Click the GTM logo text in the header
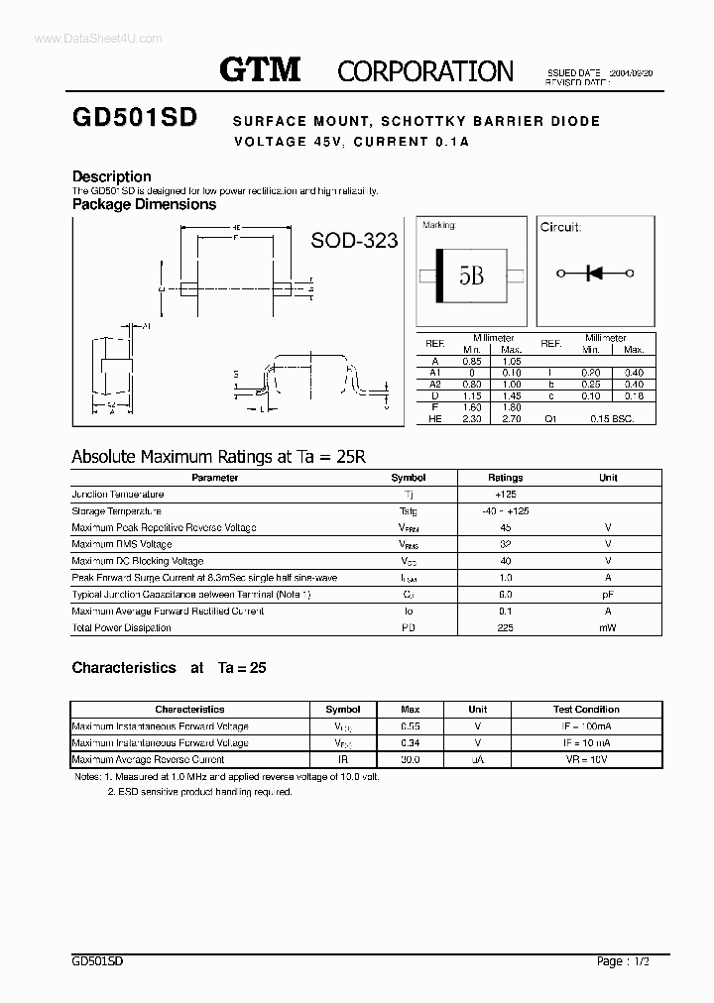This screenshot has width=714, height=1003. tap(259, 70)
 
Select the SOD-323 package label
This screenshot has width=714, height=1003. tap(354, 240)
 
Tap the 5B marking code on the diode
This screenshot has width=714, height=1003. tap(471, 275)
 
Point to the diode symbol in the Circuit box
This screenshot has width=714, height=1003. tap(595, 274)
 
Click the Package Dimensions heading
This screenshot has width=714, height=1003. tap(144, 204)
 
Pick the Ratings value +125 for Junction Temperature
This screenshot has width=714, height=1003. tap(506, 494)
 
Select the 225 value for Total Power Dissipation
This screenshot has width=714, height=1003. tap(506, 628)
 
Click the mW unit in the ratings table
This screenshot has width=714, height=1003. tap(608, 628)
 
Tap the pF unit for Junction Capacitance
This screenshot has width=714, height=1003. tap(608, 595)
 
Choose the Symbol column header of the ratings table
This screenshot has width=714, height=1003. tap(409, 478)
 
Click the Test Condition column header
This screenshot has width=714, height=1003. tap(585, 710)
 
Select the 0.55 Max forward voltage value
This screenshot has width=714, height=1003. tap(410, 726)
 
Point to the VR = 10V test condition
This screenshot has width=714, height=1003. tap(585, 759)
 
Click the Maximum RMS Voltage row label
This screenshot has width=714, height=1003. tap(122, 544)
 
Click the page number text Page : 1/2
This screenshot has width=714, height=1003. tap(625, 961)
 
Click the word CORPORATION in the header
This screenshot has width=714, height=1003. tap(425, 71)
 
